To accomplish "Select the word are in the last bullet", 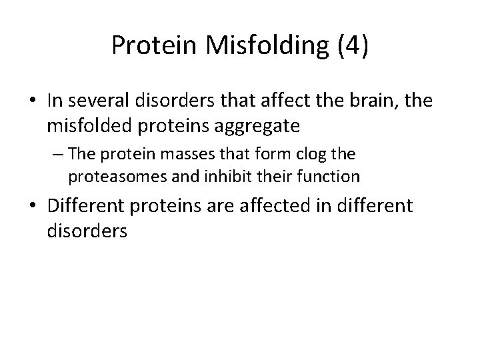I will (214, 206).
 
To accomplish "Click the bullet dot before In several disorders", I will (33, 102).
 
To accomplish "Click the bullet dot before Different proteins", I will (33, 207).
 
